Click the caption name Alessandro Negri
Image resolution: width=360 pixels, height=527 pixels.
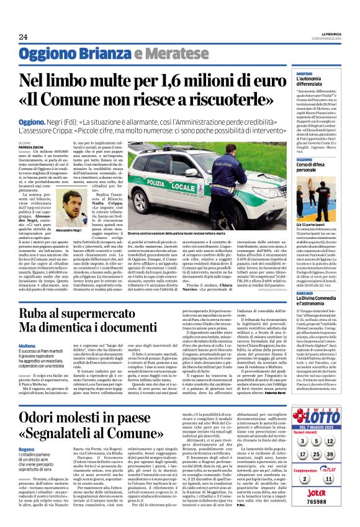[78, 230]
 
